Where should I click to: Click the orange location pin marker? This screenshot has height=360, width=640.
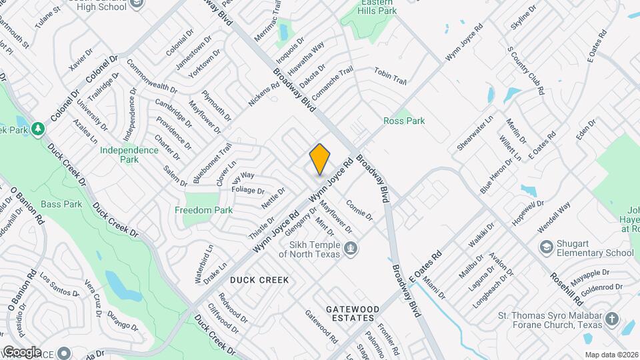click(320, 159)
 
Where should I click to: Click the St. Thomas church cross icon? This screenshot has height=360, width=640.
click(612, 319)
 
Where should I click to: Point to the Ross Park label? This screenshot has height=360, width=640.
click(404, 121)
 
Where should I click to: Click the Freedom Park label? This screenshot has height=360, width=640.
click(203, 210)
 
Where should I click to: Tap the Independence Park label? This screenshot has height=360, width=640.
click(129, 155)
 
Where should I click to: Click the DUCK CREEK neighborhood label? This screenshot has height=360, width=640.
click(259, 280)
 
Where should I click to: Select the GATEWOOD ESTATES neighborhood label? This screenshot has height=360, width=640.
click(353, 313)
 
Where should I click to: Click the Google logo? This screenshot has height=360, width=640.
click(21, 351)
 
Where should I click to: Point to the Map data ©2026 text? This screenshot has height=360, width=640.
click(611, 355)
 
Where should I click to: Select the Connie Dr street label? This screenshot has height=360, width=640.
click(359, 211)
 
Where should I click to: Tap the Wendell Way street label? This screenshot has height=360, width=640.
click(554, 217)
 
